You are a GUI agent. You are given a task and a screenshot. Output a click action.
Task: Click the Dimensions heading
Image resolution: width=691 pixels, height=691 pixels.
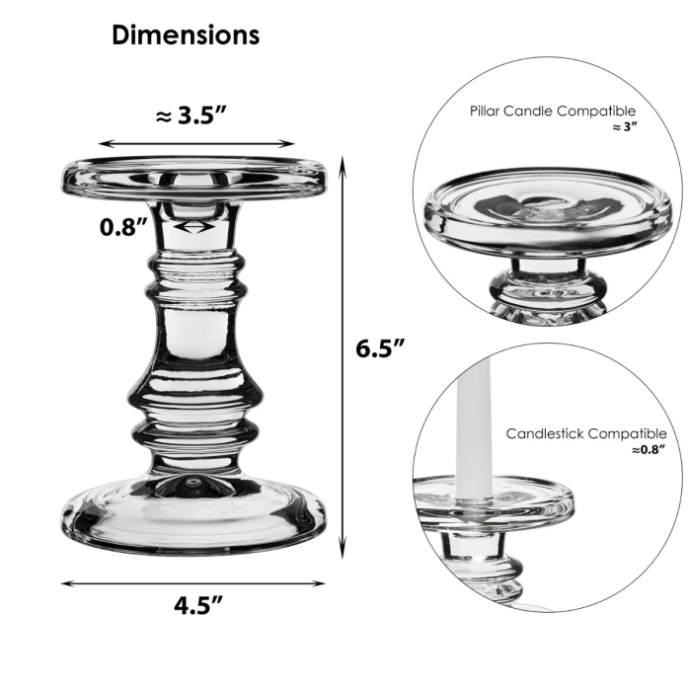(186, 36)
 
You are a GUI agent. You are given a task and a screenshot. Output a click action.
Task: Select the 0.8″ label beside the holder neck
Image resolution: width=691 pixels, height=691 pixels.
(123, 227)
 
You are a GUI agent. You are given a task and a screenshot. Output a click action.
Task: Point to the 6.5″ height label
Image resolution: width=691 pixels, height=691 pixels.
(381, 348)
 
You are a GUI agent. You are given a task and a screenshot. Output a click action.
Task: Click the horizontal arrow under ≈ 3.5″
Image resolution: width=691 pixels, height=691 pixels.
(196, 144)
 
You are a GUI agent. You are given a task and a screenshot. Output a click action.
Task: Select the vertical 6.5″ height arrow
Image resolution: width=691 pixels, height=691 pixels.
(343, 355)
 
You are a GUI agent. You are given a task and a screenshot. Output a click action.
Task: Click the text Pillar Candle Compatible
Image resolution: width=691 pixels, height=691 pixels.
(552, 112)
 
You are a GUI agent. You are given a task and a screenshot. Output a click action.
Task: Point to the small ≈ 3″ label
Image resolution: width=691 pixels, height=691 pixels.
(623, 128)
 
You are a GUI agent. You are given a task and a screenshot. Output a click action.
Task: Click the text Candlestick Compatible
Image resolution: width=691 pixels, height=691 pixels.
(585, 433)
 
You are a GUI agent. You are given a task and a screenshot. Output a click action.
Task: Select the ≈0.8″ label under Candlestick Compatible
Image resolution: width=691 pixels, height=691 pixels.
(649, 450)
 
